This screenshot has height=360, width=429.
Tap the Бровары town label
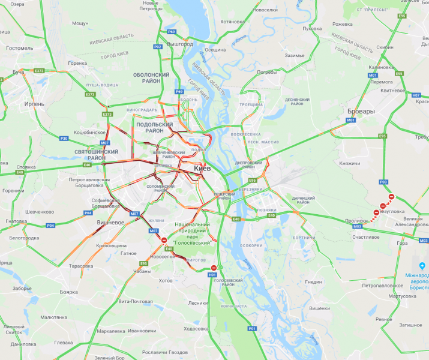(x=360, y=112)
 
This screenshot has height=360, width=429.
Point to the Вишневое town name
(x=110, y=222)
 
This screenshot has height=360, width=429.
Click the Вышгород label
(x=180, y=44)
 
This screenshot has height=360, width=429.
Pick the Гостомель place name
(x=19, y=48)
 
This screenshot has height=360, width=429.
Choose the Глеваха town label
(x=63, y=343)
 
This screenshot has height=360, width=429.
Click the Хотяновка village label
(x=233, y=22)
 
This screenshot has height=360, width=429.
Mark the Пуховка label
(x=312, y=28)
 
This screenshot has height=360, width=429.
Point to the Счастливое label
(x=366, y=237)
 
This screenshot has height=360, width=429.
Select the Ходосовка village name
(x=196, y=329)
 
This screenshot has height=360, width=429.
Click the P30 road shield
(x=64, y=139)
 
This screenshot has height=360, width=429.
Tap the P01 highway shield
(x=252, y=328)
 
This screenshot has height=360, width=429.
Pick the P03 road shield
(x=384, y=182)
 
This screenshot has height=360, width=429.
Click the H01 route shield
(x=212, y=275)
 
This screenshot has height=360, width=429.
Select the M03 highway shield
(x=358, y=227)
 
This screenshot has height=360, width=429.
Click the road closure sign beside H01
(x=214, y=268)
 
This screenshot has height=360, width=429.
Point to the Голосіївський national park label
(x=191, y=233)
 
